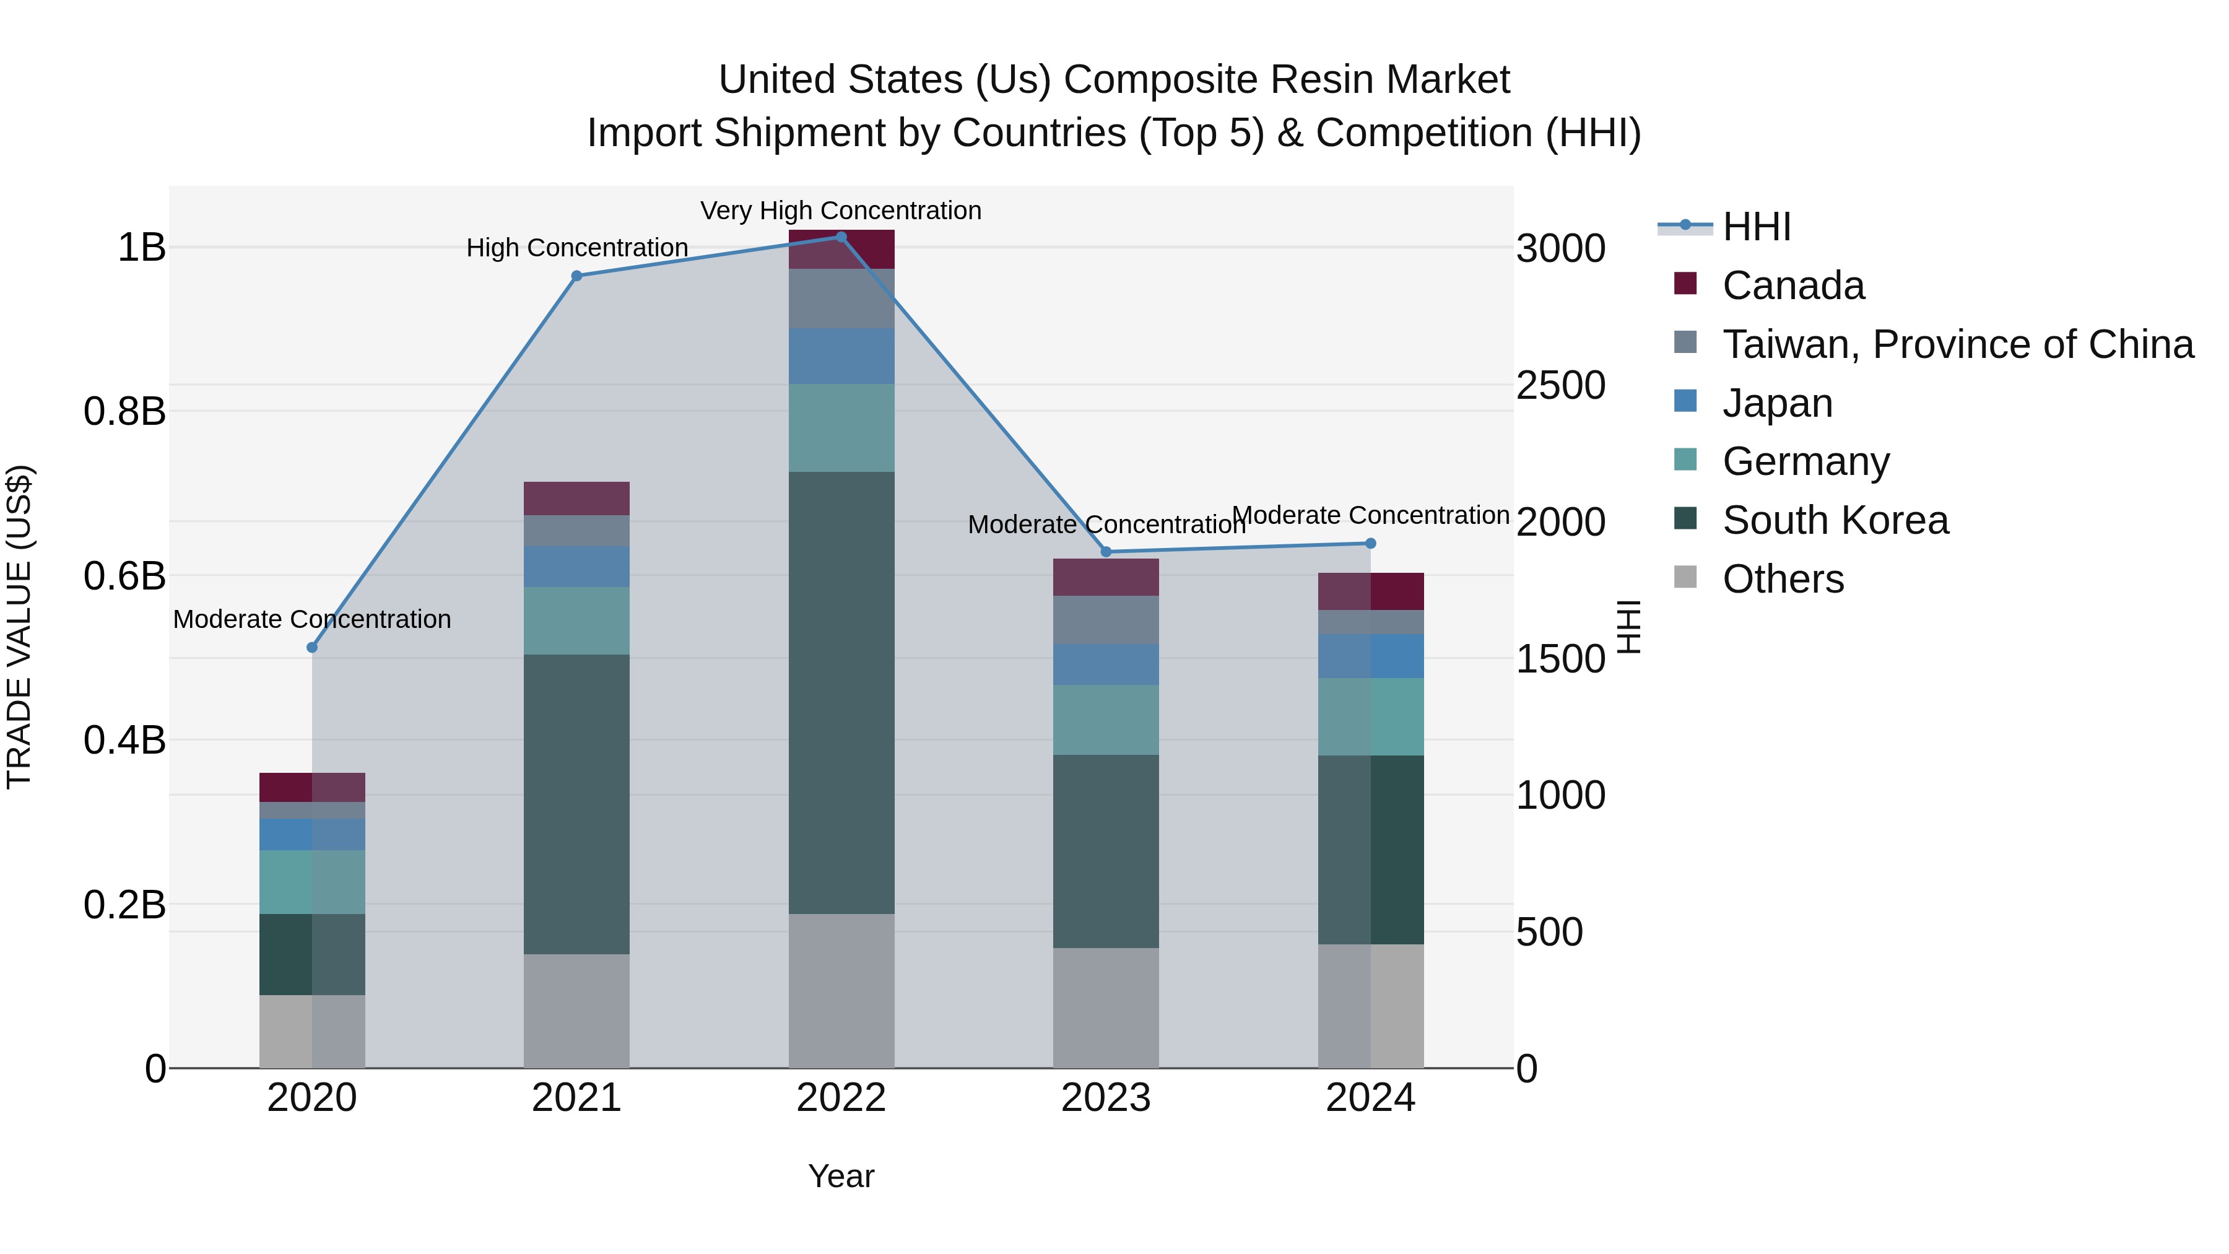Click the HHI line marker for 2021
[577, 276]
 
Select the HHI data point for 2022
[841, 237]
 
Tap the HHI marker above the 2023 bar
[1106, 552]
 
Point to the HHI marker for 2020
[313, 647]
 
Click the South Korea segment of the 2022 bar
[841, 692]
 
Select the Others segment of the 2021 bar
[577, 1011]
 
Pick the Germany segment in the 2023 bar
[1106, 720]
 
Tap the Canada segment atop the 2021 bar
[577, 499]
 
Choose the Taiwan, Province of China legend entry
[1957, 344]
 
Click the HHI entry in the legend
[1756, 227]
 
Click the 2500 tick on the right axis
[1560, 385]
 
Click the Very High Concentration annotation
[840, 211]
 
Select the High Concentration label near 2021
[577, 248]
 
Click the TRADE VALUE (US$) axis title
[19, 627]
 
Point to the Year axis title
[841, 1176]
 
